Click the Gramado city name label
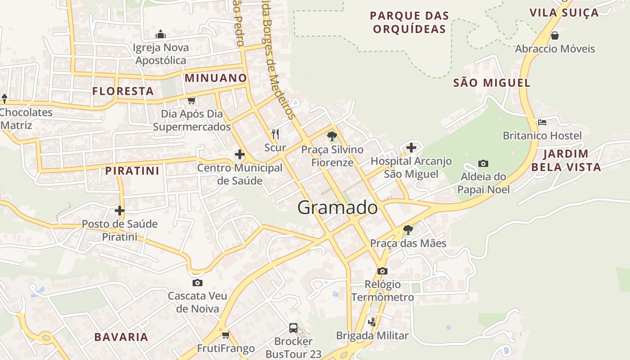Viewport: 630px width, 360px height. coord(337,208)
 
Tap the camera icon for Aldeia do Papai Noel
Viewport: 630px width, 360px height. coord(483,163)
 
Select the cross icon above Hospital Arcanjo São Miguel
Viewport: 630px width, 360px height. coord(411,147)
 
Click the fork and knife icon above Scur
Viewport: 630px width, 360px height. coord(275,134)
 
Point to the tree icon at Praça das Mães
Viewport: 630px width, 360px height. coord(408,230)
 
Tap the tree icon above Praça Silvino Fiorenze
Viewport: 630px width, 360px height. coord(332,136)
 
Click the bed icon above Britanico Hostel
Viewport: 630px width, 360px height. coord(542,122)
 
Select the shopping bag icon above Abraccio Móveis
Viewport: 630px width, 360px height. coord(555,35)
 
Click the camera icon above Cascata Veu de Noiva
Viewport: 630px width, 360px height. coord(197,283)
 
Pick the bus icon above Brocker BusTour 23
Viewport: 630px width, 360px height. coord(293,328)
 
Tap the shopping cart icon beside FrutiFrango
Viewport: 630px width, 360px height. coord(226,335)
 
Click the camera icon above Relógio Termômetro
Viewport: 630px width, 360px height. coord(382,271)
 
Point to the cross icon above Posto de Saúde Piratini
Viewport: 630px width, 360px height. coord(119,210)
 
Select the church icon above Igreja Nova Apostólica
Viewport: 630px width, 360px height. coord(161,34)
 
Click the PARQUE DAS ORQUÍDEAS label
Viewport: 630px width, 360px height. coord(409,22)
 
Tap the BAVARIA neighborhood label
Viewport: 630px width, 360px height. coord(121,337)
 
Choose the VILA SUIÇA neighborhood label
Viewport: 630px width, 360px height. coord(564,13)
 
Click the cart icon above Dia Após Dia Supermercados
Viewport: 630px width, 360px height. coord(191,100)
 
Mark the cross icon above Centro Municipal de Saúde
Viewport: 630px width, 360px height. coord(240,155)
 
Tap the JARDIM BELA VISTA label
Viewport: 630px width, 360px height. coord(566,160)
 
